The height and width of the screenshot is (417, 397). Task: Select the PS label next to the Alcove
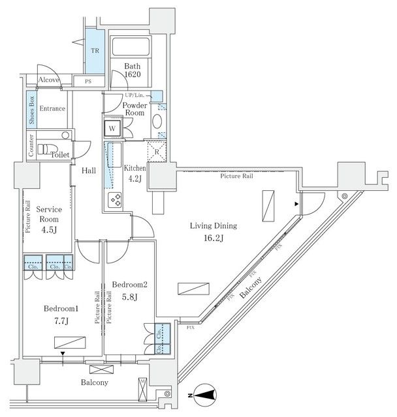tap(87, 81)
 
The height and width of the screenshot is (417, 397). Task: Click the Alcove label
tap(49, 80)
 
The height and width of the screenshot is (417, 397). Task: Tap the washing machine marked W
tap(112, 128)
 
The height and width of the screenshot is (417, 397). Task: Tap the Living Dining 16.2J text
tap(213, 232)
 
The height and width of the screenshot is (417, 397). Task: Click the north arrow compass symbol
tap(206, 392)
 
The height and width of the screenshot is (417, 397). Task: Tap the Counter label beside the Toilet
tap(31, 147)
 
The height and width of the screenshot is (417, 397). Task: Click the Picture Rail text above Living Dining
tap(236, 176)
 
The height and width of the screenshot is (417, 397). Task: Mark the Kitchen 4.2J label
tap(135, 173)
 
